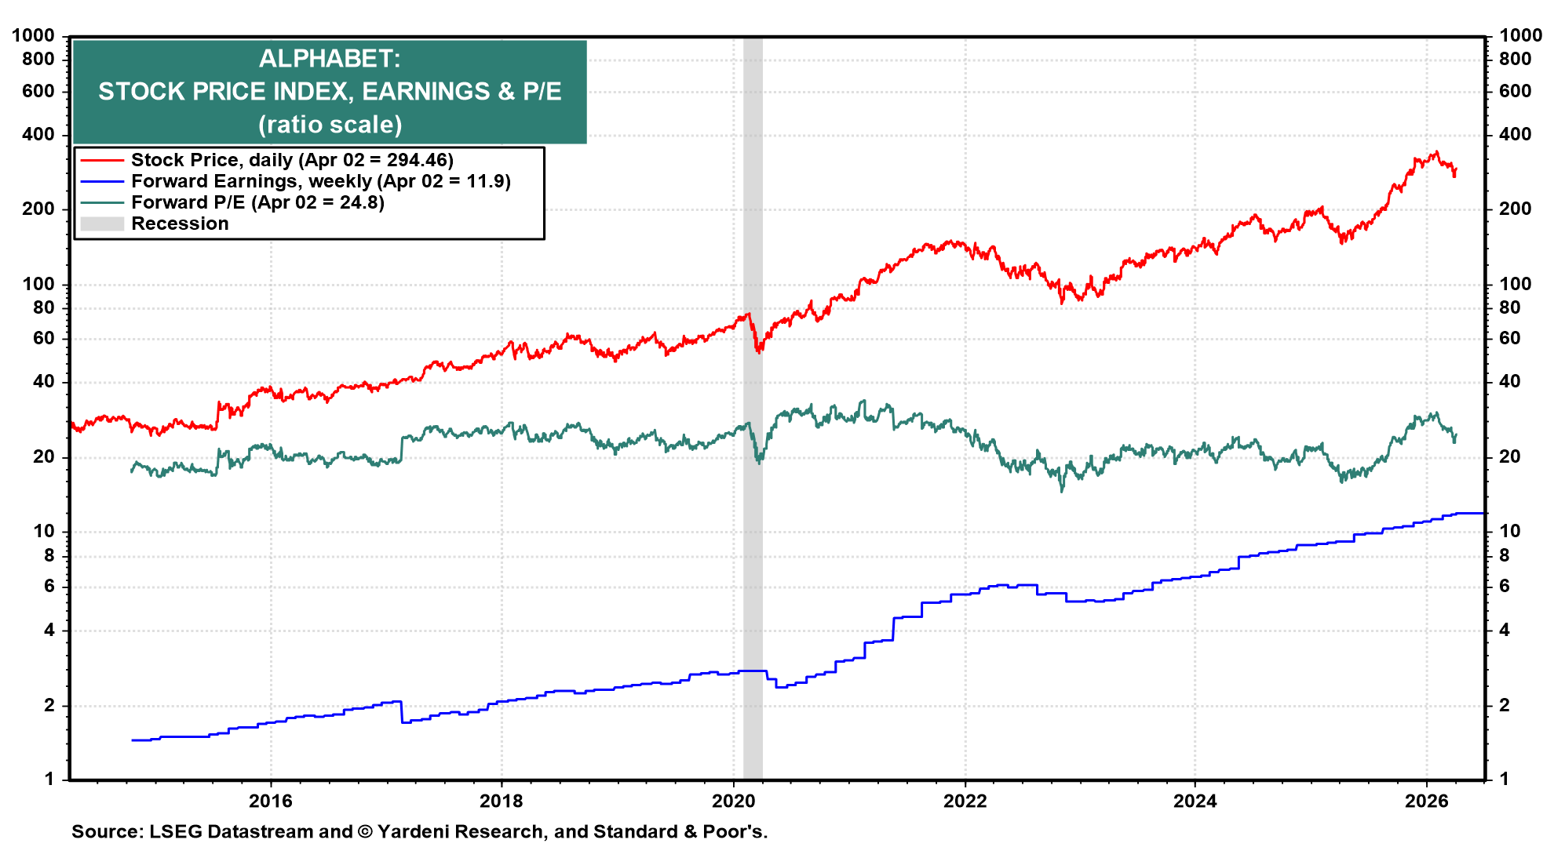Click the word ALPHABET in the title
(x=330, y=59)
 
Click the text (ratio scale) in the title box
(x=330, y=125)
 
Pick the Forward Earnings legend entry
(x=320, y=181)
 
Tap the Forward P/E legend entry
(x=257, y=202)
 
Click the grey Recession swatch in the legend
(x=102, y=224)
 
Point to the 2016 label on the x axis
(x=270, y=801)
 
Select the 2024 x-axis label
(x=1195, y=801)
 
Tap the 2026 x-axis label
(x=1425, y=801)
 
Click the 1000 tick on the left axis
(x=33, y=35)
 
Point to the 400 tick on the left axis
(x=38, y=134)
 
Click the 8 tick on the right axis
(x=1505, y=555)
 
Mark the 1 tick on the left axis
(x=49, y=779)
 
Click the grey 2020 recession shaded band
(x=753, y=549)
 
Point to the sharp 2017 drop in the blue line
(x=402, y=712)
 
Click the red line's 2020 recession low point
(x=758, y=352)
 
